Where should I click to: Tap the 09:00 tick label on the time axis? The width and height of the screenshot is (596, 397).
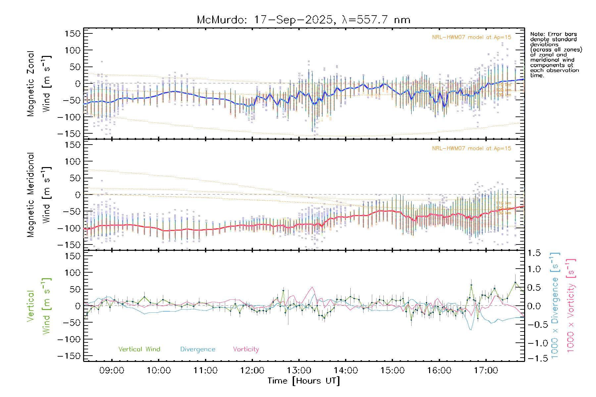click(x=112, y=371)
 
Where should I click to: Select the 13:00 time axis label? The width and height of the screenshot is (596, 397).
click(x=299, y=371)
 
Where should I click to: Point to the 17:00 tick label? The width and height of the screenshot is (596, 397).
click(x=486, y=371)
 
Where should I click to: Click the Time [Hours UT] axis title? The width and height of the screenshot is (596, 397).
click(x=304, y=381)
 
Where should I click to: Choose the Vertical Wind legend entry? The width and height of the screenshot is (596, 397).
click(x=139, y=349)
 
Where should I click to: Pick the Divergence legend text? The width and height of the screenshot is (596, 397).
click(x=198, y=349)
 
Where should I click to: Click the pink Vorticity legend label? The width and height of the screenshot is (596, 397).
click(x=246, y=349)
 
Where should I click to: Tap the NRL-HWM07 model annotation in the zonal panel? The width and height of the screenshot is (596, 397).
click(x=472, y=37)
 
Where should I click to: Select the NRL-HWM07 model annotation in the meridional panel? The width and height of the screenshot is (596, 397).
click(x=472, y=149)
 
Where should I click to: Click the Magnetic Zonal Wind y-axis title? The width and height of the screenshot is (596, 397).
click(x=39, y=84)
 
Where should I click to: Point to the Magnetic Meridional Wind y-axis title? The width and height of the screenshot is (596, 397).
click(x=39, y=195)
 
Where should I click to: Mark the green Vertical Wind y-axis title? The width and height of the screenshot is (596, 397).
click(x=39, y=306)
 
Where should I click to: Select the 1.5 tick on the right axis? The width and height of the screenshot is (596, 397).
click(x=534, y=253)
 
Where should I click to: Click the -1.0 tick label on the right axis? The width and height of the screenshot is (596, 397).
click(x=533, y=343)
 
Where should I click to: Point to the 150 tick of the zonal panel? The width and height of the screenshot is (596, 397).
click(x=73, y=34)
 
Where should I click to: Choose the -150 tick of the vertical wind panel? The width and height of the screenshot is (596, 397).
click(x=69, y=356)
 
